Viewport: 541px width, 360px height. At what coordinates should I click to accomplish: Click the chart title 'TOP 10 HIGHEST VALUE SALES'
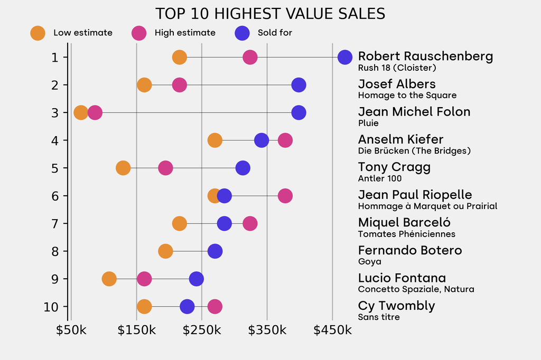click(270, 13)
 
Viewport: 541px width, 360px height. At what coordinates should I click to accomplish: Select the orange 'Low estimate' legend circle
click(38, 33)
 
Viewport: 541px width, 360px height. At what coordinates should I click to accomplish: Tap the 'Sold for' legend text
click(275, 33)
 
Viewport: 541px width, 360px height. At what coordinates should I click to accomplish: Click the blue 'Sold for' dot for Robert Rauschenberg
click(344, 57)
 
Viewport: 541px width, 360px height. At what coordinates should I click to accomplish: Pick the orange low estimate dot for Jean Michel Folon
click(81, 112)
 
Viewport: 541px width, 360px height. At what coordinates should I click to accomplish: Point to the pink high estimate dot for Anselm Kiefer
click(285, 140)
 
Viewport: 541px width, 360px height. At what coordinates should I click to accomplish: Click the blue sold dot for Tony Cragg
click(242, 168)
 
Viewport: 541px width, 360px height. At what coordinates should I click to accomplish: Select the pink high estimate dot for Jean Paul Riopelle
click(285, 196)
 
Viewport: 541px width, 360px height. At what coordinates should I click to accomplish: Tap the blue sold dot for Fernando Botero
click(215, 251)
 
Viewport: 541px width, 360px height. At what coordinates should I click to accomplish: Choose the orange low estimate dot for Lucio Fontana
click(109, 279)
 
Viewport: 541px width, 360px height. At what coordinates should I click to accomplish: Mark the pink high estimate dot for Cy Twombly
click(214, 306)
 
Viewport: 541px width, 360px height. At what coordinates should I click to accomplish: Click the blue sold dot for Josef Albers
click(299, 84)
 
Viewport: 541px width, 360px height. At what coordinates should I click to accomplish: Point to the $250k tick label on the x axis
click(202, 330)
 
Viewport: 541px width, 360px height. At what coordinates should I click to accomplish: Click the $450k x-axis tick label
click(332, 330)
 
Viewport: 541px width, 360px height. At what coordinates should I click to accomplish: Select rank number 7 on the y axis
click(55, 223)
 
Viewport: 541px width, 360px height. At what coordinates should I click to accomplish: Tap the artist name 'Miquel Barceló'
click(404, 222)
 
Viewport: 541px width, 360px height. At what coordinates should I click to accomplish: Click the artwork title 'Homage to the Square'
click(407, 96)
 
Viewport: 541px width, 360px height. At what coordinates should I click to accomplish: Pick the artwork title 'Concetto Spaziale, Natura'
click(416, 289)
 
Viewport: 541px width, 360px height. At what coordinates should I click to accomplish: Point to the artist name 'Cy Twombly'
click(396, 306)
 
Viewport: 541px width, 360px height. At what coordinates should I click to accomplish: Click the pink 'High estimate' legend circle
click(139, 33)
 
